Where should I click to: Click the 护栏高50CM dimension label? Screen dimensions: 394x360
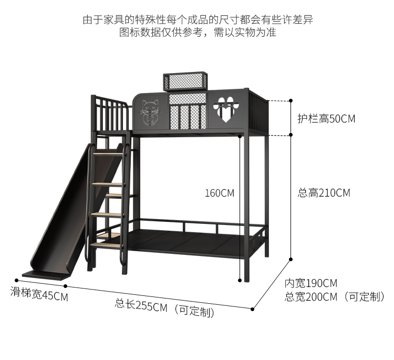(326, 119)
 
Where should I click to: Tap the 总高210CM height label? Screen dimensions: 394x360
(324, 193)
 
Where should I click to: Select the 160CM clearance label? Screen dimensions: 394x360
(219, 193)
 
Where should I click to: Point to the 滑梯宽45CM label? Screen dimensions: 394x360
(39, 294)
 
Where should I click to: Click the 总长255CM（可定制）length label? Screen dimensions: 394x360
(164, 307)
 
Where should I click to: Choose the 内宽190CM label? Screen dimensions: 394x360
(311, 283)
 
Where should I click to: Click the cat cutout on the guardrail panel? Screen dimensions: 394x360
(149, 112)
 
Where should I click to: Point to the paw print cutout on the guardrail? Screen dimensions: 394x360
(225, 109)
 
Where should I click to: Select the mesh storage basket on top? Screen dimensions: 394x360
(186, 82)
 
